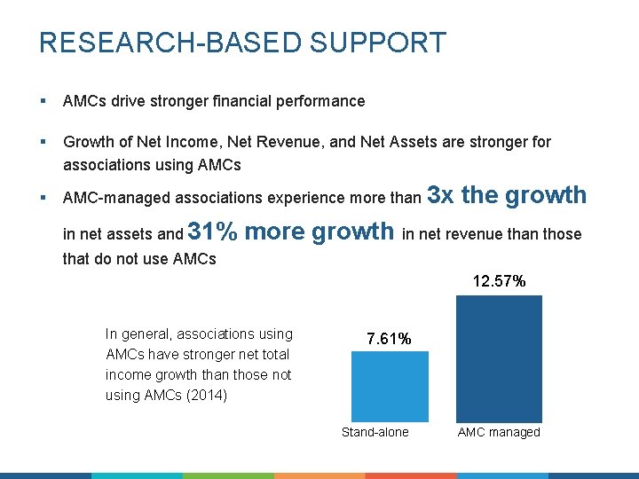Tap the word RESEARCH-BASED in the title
point(166,43)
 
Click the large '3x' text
point(441,195)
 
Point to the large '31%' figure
point(213,232)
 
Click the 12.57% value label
point(499,282)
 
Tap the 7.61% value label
point(389,339)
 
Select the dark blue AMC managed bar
point(498,358)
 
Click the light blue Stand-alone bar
point(390,387)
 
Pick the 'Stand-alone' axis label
point(375,432)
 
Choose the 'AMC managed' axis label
point(499,432)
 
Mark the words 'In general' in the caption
point(138,334)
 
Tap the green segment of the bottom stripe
point(228,475)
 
